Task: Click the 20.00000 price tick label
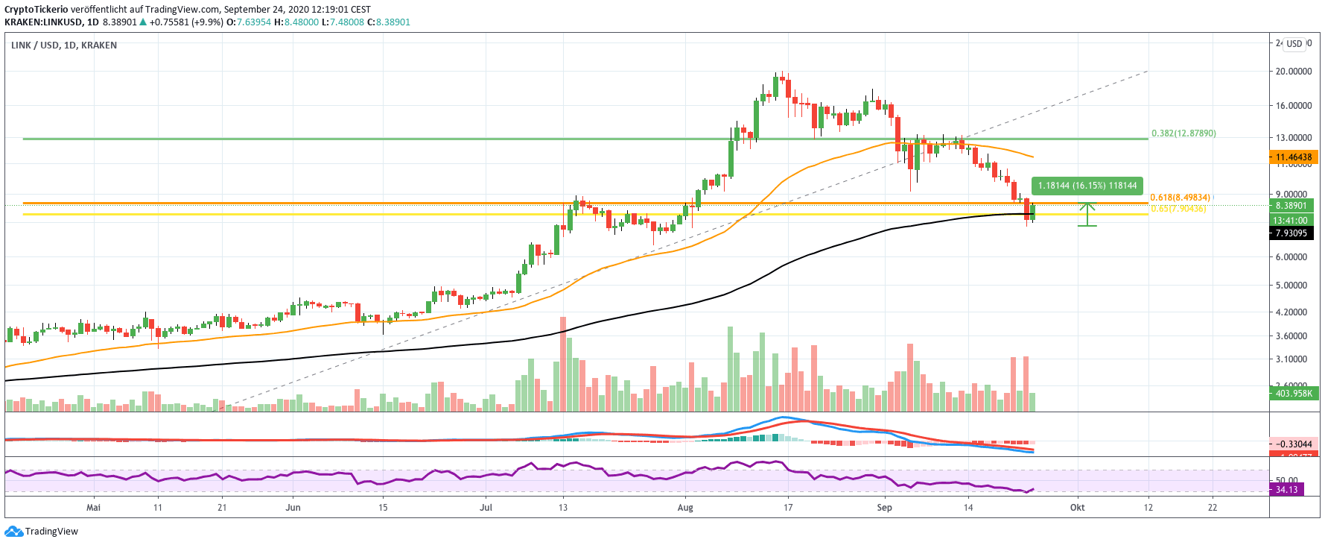1293,72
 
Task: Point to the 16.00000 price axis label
1293,106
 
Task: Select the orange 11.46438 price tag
1293,157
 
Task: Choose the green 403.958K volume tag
1293,393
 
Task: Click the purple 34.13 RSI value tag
1286,490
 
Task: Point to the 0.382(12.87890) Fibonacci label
1183,133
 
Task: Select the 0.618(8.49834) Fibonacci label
1181,198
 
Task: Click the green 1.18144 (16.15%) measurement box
1087,186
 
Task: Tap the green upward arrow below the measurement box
1087,215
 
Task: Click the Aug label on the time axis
685,508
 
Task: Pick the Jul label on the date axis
486,508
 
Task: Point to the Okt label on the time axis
1077,508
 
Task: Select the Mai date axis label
93,508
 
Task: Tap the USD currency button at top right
1294,44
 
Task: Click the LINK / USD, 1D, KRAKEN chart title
64,45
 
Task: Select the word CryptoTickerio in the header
36,10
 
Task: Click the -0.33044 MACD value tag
1293,444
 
